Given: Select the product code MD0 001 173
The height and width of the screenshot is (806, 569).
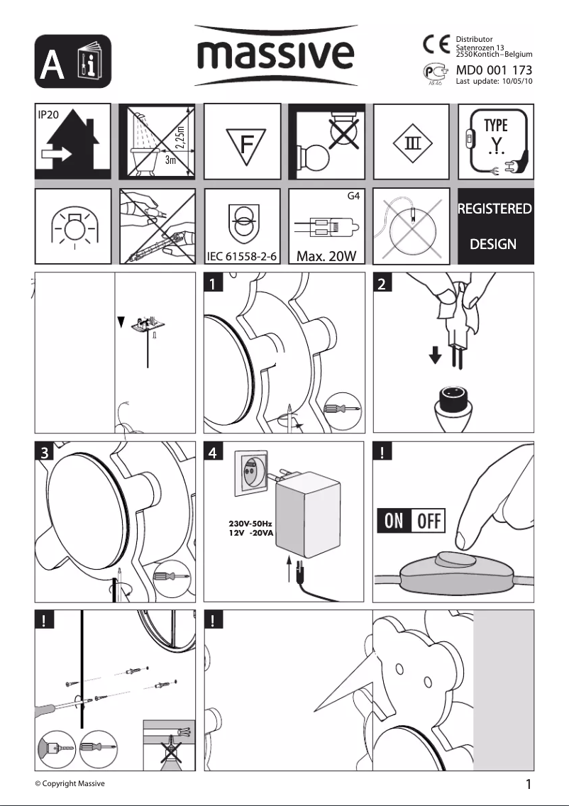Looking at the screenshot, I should [494, 70].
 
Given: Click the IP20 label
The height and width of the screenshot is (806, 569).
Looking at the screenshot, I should [50, 114].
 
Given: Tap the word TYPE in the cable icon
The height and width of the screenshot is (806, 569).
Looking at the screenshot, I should [495, 126].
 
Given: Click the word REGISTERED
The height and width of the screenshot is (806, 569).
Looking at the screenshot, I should [495, 209].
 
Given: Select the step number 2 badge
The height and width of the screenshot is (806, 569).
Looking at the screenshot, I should [382, 285].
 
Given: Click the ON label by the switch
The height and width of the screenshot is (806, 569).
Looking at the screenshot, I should [394, 522].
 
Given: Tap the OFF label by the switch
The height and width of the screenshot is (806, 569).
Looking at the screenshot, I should [428, 522].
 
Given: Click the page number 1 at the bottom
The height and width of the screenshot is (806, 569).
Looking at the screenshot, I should [529, 784].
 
